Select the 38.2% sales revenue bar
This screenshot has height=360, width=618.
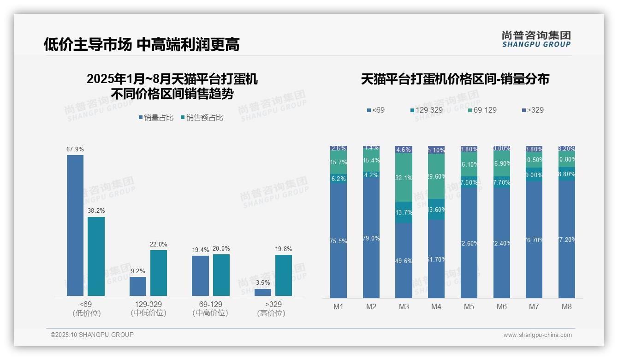(x=96, y=256)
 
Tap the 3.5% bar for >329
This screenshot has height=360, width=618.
(x=263, y=292)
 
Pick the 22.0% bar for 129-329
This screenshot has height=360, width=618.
(x=159, y=273)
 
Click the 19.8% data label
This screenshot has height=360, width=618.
(x=283, y=249)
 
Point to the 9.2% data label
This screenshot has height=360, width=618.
(x=137, y=271)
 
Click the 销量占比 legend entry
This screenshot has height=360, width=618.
(x=156, y=118)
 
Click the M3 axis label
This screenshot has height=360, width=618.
(x=404, y=306)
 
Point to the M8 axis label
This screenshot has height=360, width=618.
(x=567, y=306)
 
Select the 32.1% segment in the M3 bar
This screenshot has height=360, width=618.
(x=404, y=178)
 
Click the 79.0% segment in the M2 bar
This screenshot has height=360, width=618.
(x=371, y=238)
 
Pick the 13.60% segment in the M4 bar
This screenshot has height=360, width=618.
(x=436, y=210)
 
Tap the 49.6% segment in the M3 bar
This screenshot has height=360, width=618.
(x=404, y=261)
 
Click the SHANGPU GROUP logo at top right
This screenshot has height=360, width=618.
(x=536, y=39)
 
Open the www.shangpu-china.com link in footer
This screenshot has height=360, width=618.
(x=537, y=335)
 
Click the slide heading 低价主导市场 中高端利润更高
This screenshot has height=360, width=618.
(x=142, y=44)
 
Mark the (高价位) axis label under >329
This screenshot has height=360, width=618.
(x=271, y=313)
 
